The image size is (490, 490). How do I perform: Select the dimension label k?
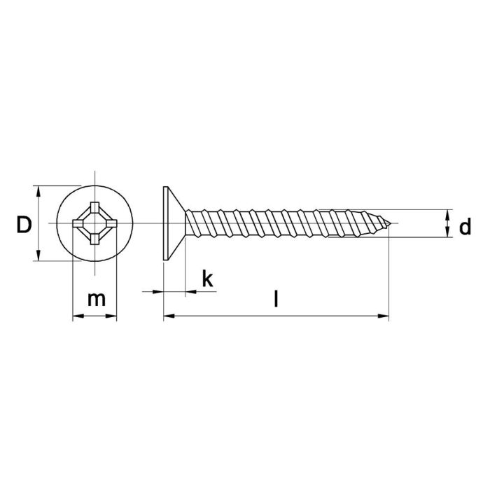click(206, 279)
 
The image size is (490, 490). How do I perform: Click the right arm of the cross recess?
click(111, 224)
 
